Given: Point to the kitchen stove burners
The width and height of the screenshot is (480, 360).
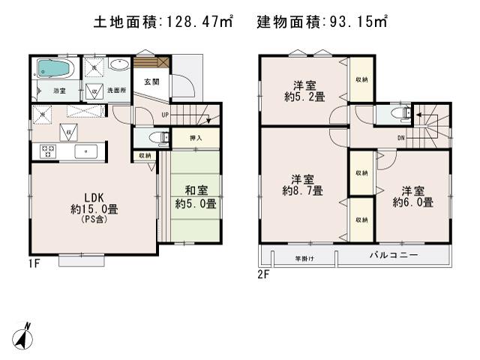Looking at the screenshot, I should click(49, 151).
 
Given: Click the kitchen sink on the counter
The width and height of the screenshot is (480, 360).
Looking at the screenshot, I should click(88, 151).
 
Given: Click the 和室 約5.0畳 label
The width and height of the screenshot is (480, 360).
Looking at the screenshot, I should click(195, 197).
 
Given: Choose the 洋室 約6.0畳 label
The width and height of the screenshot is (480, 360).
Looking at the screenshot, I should click(412, 196).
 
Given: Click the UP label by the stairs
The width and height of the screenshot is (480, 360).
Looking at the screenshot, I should click(165, 115).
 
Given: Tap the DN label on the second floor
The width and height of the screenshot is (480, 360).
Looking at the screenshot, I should click(401, 137).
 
